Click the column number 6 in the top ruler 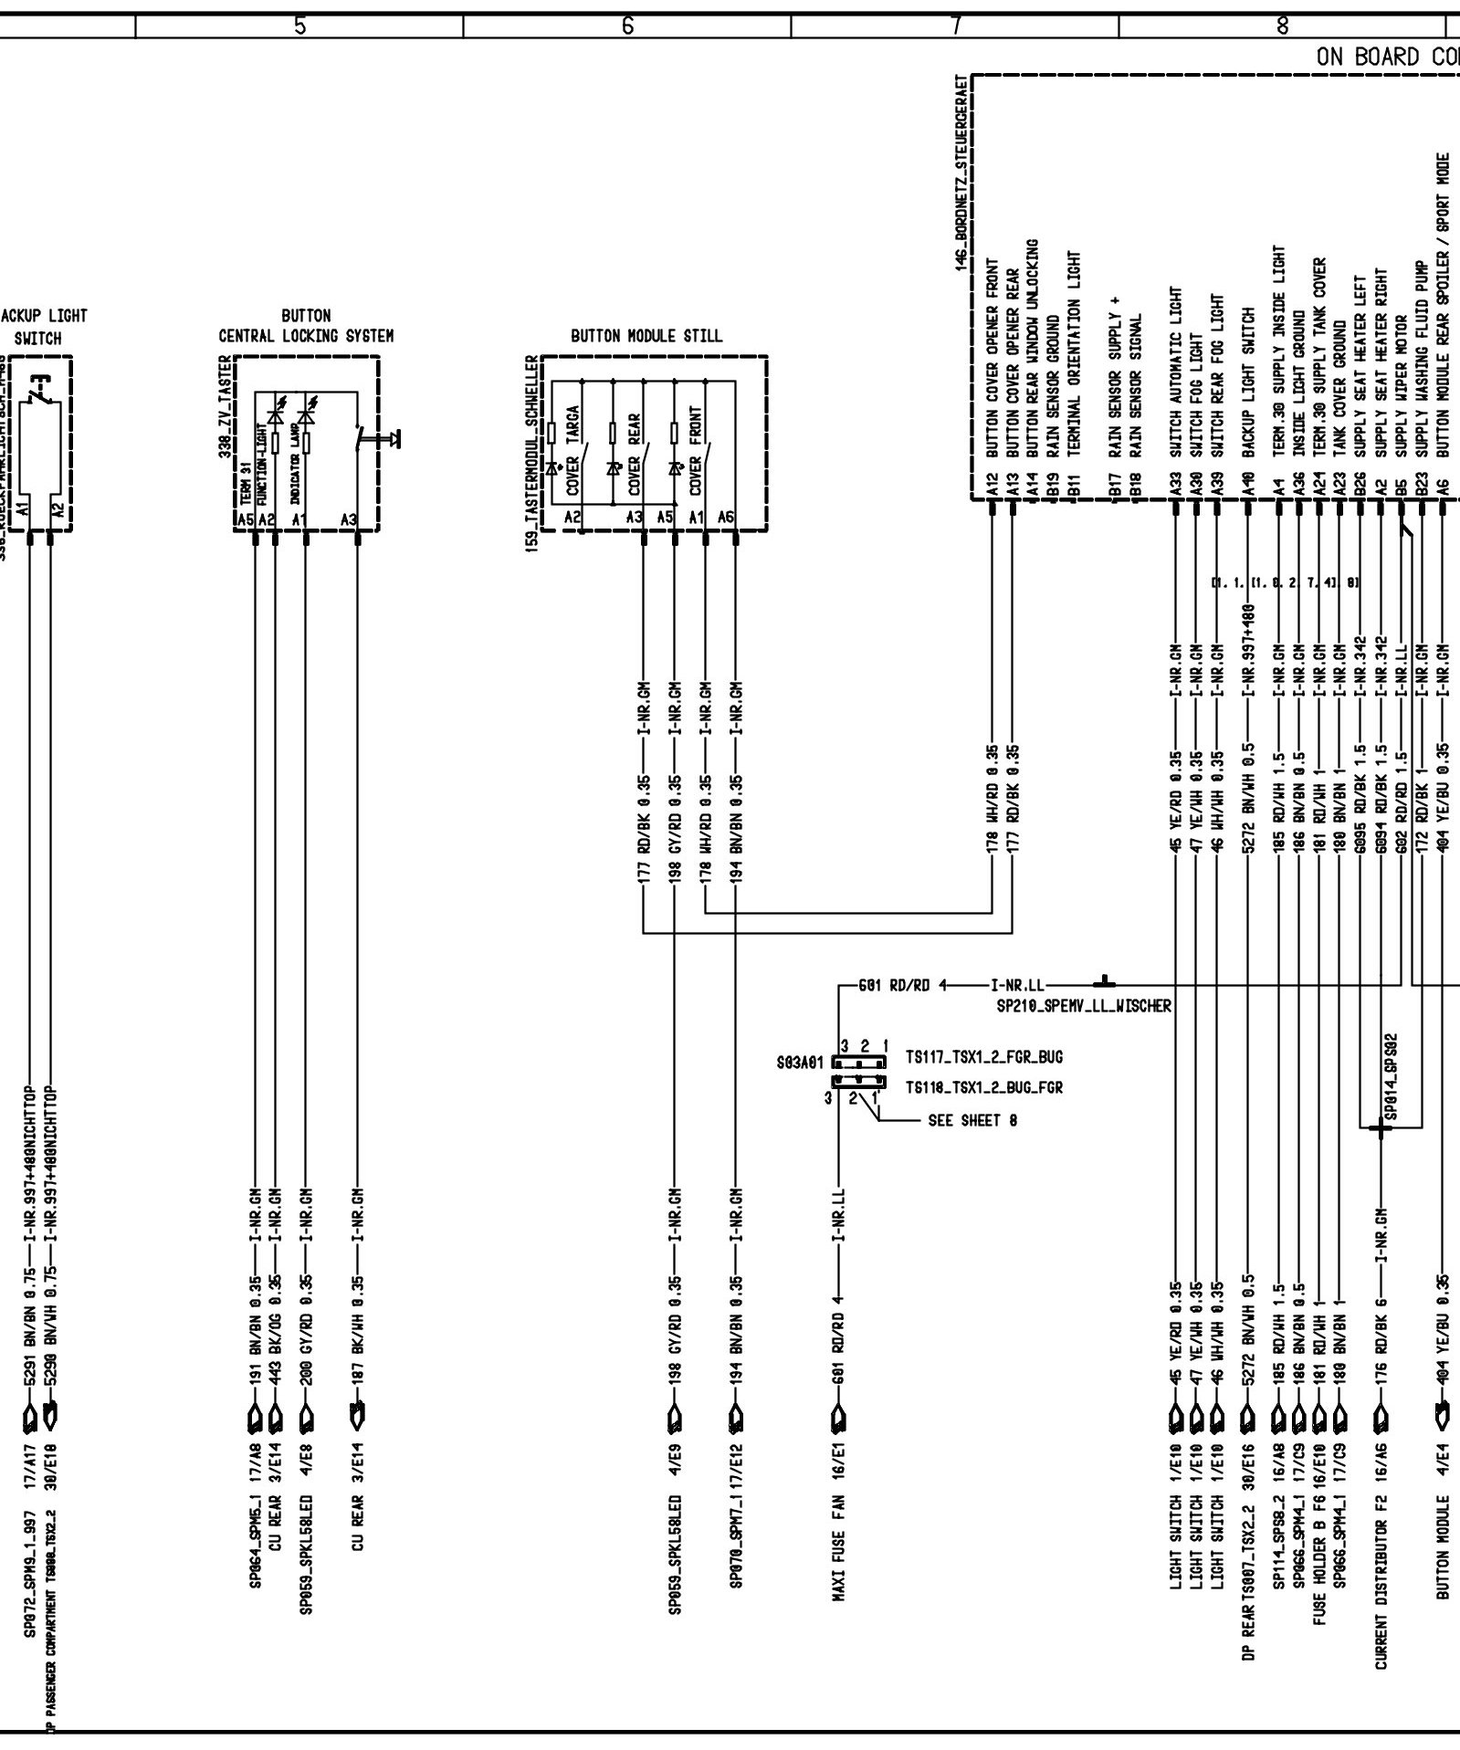click(x=627, y=26)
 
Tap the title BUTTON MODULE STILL click(x=646, y=336)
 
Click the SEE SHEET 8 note click(x=972, y=1121)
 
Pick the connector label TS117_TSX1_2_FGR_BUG click(x=984, y=1058)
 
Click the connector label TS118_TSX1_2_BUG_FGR click(x=984, y=1088)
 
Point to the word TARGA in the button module click(x=572, y=424)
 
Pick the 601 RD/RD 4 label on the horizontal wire click(x=904, y=985)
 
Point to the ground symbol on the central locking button click(x=396, y=439)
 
